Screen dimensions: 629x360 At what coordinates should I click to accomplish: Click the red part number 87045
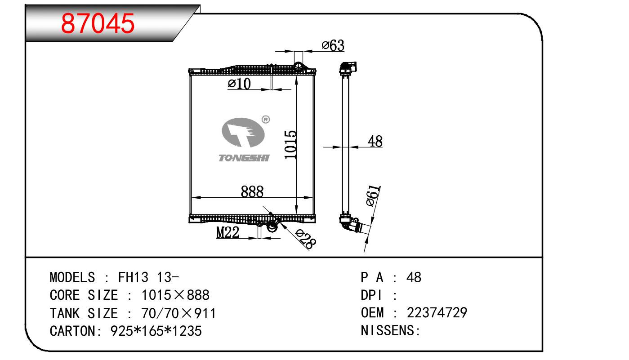click(x=98, y=23)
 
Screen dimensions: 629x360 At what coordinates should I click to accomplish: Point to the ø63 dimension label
click(x=333, y=45)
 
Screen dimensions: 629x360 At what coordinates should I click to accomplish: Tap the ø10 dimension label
click(x=239, y=84)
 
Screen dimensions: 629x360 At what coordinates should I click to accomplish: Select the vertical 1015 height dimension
click(x=290, y=145)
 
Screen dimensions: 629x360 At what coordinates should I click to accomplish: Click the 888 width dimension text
click(x=252, y=191)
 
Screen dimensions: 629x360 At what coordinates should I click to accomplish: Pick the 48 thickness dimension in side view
click(x=375, y=141)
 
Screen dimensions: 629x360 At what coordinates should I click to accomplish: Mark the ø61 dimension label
click(x=373, y=196)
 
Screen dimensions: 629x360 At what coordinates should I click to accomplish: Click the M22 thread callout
click(x=228, y=232)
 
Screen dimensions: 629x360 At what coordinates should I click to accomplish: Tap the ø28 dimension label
click(x=306, y=239)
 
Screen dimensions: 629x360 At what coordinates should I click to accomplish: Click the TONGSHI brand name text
click(x=244, y=158)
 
